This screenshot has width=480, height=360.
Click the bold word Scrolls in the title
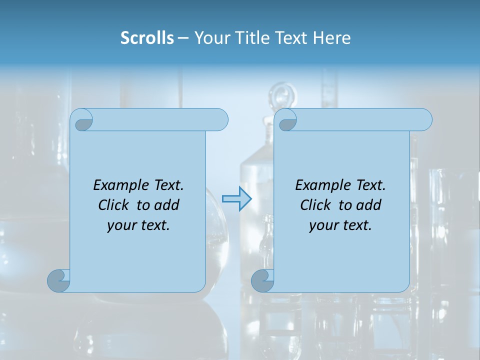pos(147,38)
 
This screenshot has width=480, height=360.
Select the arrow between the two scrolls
pos(236,199)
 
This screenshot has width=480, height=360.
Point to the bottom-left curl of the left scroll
pos(58,280)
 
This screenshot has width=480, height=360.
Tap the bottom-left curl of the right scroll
pos(262,280)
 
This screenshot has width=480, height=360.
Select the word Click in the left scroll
pos(113,205)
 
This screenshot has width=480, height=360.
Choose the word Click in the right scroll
pos(315,205)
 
